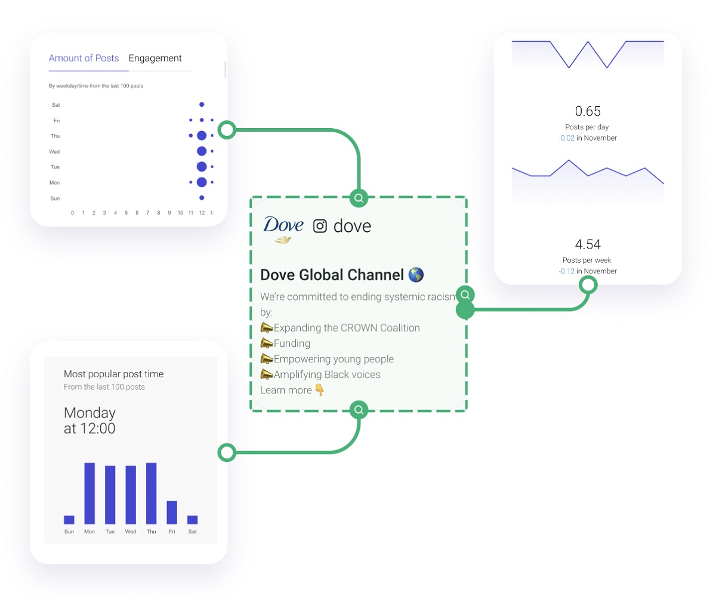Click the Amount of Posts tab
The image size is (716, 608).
pos(84,58)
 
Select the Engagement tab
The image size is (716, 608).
pos(155,58)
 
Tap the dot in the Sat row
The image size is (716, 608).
pos(202,104)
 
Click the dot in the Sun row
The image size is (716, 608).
pos(202,198)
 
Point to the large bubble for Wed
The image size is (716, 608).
pos(202,151)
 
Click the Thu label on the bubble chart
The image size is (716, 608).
pos(55,136)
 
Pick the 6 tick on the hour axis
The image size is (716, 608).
pos(137,213)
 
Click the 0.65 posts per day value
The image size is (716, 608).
pos(588,111)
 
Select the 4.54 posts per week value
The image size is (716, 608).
pos(588,244)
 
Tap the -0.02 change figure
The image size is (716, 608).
pos(567,138)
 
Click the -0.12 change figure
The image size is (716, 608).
pos(567,271)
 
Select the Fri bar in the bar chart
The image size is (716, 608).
pos(172,513)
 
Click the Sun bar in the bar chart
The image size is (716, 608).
pos(69,520)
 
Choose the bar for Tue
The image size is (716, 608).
pos(110,495)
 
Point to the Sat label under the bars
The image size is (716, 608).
pos(192,532)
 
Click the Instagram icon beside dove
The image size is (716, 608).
pos(320,227)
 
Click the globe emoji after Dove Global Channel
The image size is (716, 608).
pos(416,275)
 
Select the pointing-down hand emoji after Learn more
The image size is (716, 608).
pos(320,390)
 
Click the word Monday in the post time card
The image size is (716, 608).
pos(89,413)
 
